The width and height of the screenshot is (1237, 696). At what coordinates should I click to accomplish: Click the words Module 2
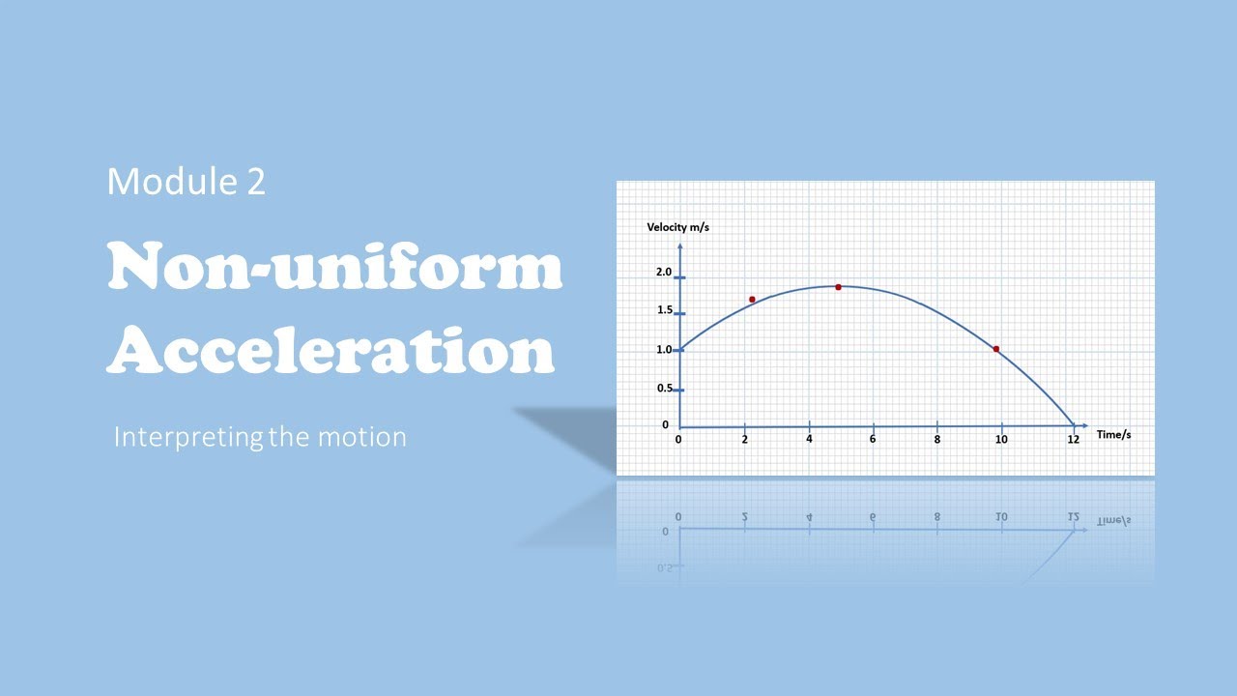(x=186, y=182)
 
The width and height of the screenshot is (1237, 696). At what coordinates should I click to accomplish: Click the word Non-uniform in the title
(x=334, y=268)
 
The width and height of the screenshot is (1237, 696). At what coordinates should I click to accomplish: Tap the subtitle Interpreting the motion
(x=260, y=437)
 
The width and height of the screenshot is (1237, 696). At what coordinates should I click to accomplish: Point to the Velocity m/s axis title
(x=678, y=227)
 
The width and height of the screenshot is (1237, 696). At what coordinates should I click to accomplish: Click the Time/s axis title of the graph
(x=1113, y=435)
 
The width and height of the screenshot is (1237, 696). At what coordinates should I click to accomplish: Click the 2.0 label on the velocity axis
(x=664, y=273)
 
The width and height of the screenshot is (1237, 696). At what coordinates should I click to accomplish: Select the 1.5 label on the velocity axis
(x=664, y=310)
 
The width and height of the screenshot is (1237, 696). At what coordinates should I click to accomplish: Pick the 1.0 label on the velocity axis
(x=664, y=350)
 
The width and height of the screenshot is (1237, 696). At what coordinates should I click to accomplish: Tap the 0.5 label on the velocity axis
(x=664, y=389)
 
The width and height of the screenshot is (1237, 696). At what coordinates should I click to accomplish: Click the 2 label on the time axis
(x=744, y=440)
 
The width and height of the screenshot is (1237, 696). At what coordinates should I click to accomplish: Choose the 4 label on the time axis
(x=809, y=440)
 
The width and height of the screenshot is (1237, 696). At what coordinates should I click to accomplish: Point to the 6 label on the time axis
(x=873, y=440)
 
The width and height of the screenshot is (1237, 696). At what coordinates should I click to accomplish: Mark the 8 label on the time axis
(x=936, y=440)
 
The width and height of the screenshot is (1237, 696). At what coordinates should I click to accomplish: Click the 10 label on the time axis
(x=1001, y=440)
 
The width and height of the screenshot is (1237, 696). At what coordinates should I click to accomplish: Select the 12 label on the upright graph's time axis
(x=1073, y=440)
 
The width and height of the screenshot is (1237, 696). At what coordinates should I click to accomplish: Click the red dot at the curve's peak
(x=838, y=287)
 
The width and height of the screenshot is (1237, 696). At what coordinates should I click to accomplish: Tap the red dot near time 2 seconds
(x=752, y=300)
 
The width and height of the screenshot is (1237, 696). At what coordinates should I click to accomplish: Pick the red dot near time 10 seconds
(x=995, y=349)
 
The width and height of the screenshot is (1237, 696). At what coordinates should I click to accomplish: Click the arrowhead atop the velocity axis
(x=679, y=247)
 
